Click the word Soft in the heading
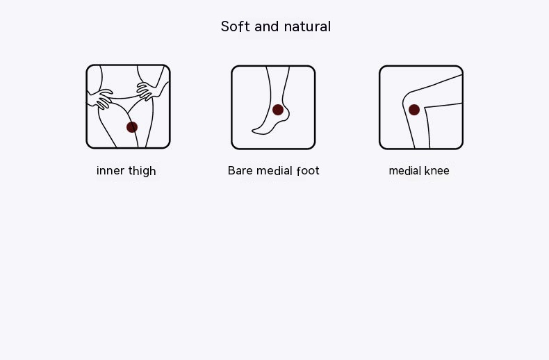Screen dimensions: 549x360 coord(236,26)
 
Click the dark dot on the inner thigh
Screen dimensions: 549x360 coord(132,127)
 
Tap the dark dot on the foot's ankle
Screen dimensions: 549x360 coord(278,110)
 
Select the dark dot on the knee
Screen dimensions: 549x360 coord(414,110)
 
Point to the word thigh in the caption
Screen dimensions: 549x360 coord(142,171)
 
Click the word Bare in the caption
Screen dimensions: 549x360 coord(240,170)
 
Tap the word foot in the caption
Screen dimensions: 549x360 coord(308,170)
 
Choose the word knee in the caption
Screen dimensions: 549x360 coord(436,170)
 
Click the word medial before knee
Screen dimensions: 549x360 coord(404,170)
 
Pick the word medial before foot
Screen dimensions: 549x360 coord(274,170)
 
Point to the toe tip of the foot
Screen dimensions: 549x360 coord(253,131)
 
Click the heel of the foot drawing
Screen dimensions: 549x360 coord(287,114)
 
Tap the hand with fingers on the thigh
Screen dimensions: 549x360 coord(101,99)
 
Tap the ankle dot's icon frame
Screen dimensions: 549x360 coord(273,107)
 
